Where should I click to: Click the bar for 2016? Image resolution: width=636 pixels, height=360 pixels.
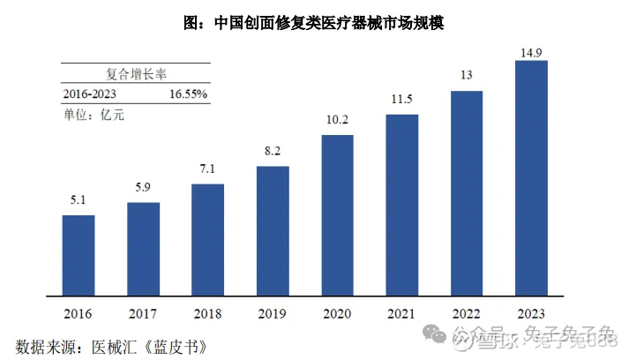[78, 254]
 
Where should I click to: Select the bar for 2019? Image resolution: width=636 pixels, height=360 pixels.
[273, 229]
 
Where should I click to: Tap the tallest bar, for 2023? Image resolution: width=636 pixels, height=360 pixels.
[531, 176]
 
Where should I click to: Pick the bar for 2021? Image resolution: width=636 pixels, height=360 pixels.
[402, 204]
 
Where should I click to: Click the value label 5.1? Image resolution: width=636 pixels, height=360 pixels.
[78, 199]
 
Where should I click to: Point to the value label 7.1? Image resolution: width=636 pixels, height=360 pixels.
[208, 169]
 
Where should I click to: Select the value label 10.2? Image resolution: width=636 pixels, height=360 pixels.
[337, 120]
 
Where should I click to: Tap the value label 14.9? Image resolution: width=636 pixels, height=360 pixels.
[531, 54]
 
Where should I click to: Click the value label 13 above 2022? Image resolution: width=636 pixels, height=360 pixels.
[467, 75]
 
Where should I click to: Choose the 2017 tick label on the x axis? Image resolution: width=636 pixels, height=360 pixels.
[143, 313]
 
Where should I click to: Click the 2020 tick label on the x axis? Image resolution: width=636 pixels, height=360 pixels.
[337, 313]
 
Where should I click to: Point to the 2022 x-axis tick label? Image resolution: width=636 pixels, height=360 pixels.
[467, 313]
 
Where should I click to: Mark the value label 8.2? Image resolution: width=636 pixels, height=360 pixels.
[273, 151]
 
